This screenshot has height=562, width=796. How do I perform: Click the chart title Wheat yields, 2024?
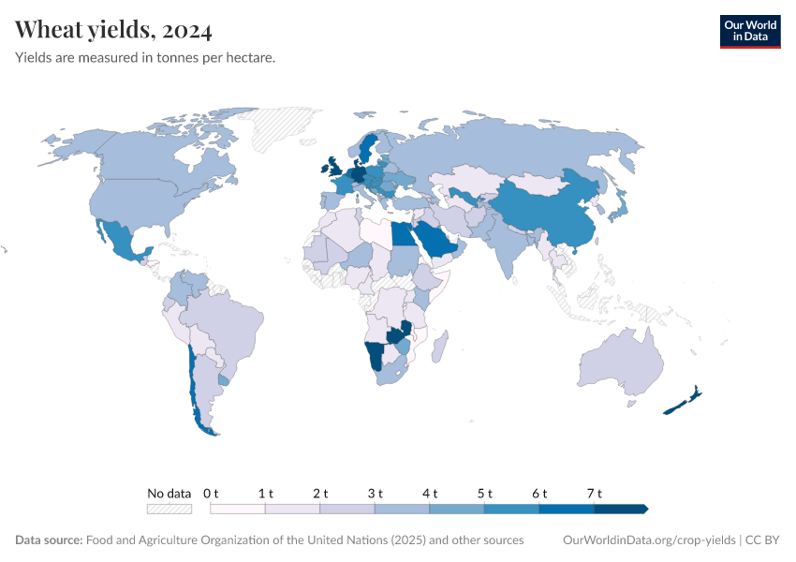tap(113, 30)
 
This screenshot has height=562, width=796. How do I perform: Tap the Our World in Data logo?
tap(750, 31)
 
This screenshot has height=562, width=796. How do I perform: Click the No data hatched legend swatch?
tap(170, 509)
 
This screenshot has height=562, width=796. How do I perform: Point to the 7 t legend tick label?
tap(594, 493)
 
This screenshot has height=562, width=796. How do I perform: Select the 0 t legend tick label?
tap(211, 493)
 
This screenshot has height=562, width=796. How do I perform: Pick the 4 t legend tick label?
tap(430, 493)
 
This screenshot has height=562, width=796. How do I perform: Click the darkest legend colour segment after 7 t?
tap(621, 509)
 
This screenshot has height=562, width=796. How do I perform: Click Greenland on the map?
tap(286, 127)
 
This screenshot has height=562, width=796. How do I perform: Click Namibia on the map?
tap(376, 356)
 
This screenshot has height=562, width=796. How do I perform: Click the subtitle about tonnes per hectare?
tap(145, 58)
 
